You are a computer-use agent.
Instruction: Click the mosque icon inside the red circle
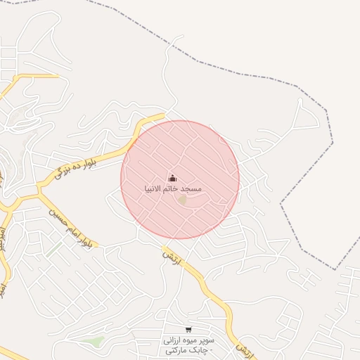coord(173,179)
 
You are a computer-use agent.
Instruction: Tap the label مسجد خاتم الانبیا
coord(173,190)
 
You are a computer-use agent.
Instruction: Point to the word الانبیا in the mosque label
coord(157,190)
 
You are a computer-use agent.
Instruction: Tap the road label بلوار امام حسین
coord(71,226)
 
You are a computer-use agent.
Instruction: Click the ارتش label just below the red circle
coord(172,258)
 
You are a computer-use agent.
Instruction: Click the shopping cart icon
coord(188,330)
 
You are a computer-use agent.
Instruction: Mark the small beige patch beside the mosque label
coord(183,200)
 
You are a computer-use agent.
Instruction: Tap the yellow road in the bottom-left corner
coord(14,352)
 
